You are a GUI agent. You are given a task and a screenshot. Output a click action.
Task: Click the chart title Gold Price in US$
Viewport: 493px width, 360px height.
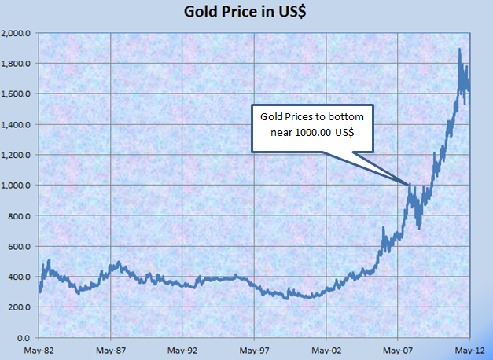[245, 12]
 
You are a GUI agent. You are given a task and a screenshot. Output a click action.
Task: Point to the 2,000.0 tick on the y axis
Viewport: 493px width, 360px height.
[16, 34]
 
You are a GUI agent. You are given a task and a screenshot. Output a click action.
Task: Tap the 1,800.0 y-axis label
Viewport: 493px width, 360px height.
[16, 64]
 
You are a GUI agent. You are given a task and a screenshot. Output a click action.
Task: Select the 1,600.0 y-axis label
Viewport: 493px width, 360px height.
[16, 94]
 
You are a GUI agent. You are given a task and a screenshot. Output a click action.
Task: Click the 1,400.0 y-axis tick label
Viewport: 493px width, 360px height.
[16, 125]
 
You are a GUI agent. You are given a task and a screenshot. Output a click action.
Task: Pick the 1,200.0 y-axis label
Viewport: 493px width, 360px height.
[16, 156]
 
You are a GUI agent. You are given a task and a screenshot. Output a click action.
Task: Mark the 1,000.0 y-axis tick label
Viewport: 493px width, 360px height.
[16, 186]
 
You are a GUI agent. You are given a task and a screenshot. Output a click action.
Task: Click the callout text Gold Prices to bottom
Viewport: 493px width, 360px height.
[312, 116]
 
